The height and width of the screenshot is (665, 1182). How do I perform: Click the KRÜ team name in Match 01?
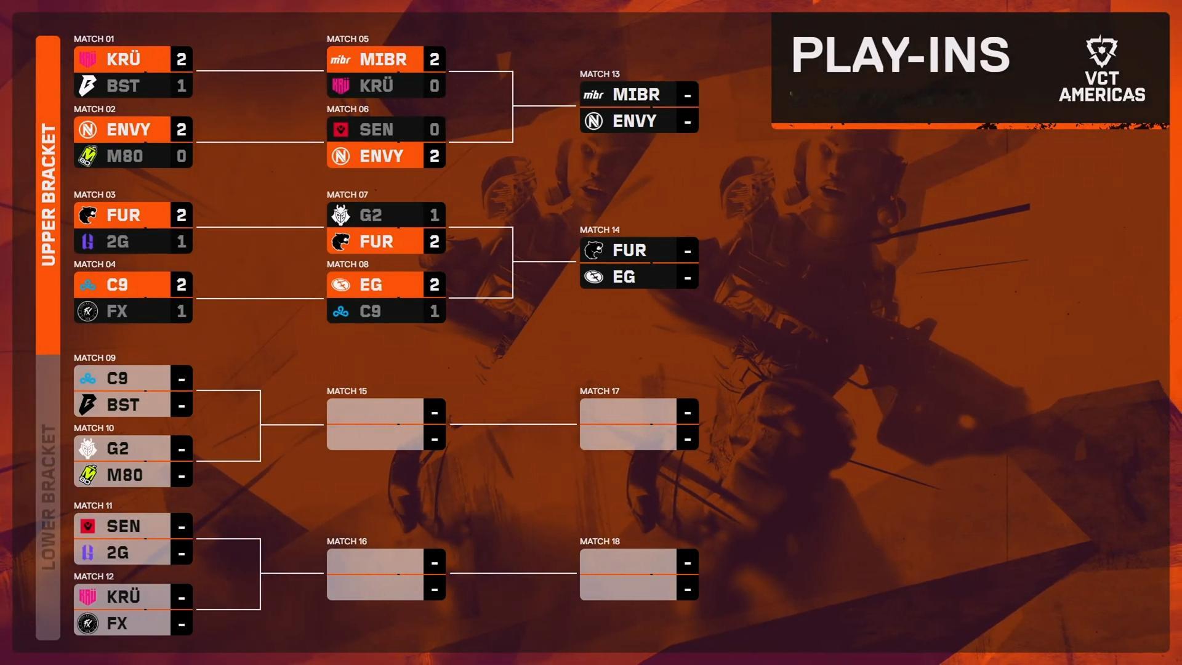coord(124,59)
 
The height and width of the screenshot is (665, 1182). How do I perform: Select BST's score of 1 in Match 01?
coord(181,86)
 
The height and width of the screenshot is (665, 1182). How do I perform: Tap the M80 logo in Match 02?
coord(88,156)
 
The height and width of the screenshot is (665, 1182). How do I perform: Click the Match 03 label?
coord(94,195)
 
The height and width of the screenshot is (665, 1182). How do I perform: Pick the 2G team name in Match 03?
coord(118,241)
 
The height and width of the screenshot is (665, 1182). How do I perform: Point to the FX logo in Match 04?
coord(88,312)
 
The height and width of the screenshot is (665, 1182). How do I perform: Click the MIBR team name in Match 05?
coord(383,59)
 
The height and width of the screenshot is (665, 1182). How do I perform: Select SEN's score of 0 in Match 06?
coord(434,129)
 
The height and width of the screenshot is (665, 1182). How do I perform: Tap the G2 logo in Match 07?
coord(340,215)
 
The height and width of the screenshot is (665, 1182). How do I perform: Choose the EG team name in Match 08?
coord(371,284)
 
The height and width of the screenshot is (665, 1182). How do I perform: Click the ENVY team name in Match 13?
coord(634,121)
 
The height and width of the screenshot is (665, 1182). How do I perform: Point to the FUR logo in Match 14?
coord(593,250)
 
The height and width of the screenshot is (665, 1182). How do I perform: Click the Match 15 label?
coord(347,391)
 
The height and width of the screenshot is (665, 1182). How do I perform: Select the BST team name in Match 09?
coord(123,405)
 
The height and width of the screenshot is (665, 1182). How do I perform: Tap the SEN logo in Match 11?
coord(88,526)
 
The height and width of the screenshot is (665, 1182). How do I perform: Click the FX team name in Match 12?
coord(117,623)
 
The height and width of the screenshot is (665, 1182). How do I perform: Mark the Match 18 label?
coord(600,541)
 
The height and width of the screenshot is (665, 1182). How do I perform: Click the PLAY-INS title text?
coord(900,55)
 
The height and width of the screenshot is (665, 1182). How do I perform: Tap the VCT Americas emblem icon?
coord(1101,51)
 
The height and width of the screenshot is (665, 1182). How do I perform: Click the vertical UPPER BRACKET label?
coord(48,195)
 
